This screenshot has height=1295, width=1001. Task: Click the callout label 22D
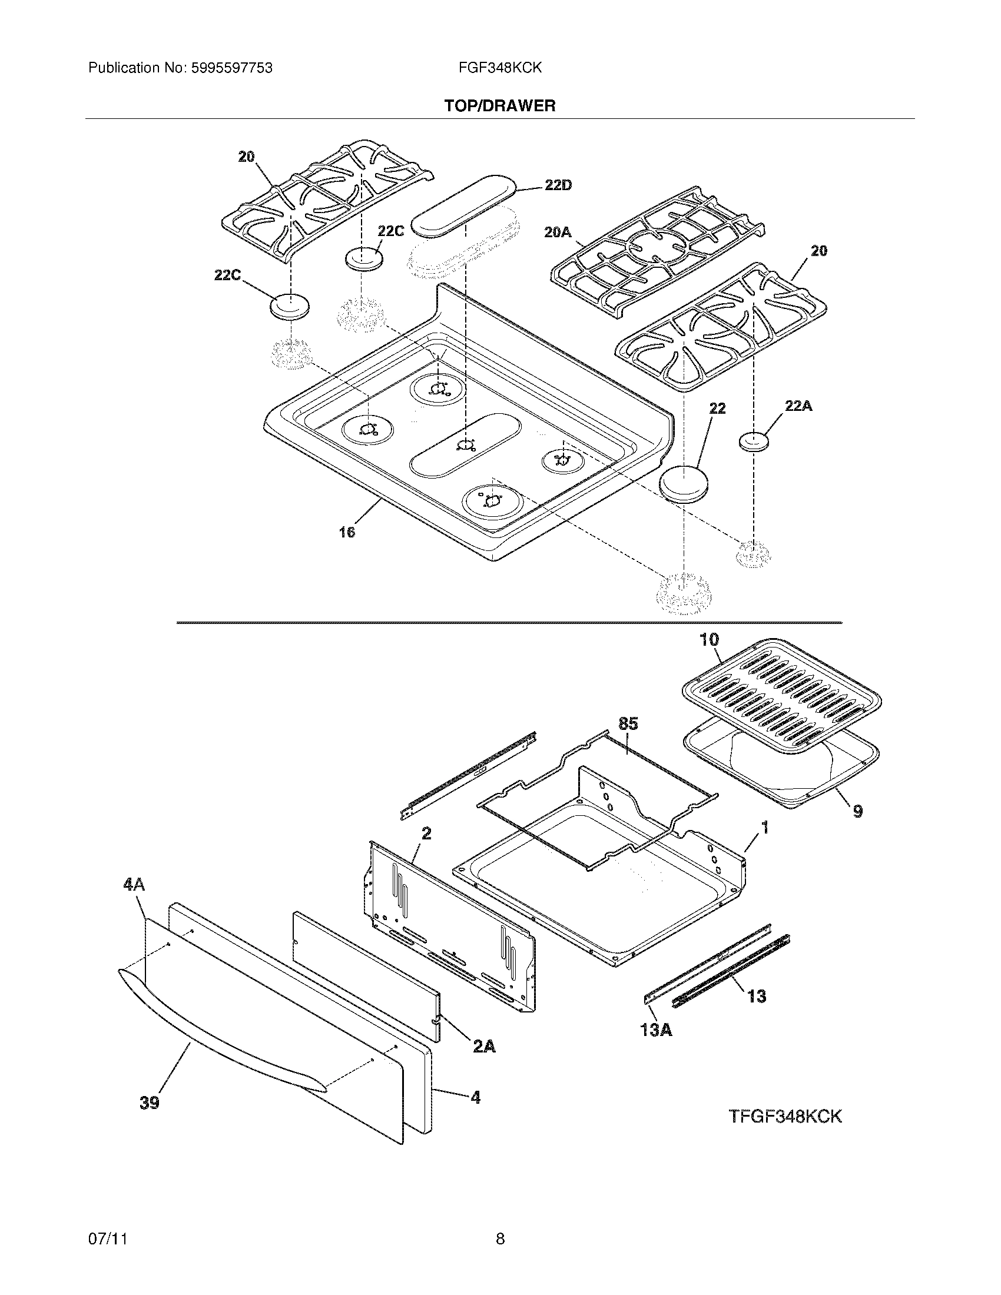click(558, 185)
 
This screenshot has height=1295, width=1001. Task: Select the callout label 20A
click(558, 233)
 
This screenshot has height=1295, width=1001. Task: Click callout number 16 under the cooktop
click(347, 532)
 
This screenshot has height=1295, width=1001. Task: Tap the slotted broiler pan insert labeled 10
click(780, 692)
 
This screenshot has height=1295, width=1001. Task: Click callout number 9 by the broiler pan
click(857, 811)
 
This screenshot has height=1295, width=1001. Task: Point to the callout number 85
click(628, 723)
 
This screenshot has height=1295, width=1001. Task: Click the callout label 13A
click(656, 1030)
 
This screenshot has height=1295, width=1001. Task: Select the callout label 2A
click(484, 1047)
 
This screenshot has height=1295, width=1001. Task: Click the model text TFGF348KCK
click(784, 1116)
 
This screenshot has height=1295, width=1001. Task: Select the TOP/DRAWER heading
click(500, 106)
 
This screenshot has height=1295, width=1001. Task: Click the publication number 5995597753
click(231, 68)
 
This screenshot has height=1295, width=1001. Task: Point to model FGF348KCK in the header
click(500, 68)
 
